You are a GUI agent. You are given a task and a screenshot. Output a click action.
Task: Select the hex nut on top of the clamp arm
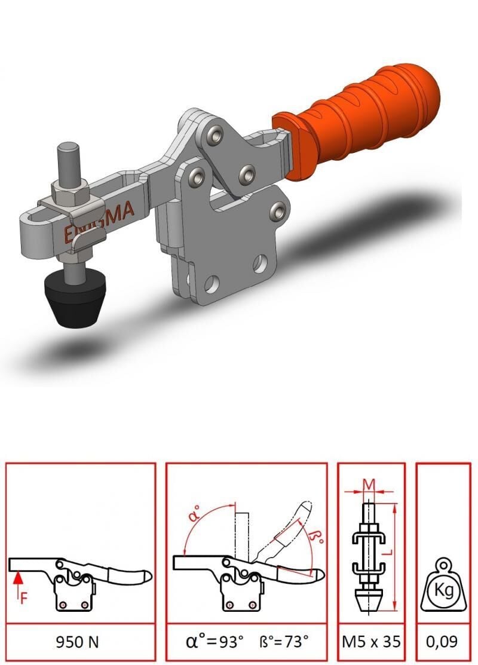[x=71, y=192]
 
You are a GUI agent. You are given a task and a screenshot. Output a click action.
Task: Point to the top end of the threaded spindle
[x=69, y=147]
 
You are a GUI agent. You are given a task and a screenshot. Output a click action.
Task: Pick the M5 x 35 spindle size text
[x=371, y=642]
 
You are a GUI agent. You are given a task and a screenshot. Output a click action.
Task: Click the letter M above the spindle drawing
[x=370, y=482]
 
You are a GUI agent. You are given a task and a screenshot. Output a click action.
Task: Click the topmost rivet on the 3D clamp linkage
[x=213, y=135]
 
